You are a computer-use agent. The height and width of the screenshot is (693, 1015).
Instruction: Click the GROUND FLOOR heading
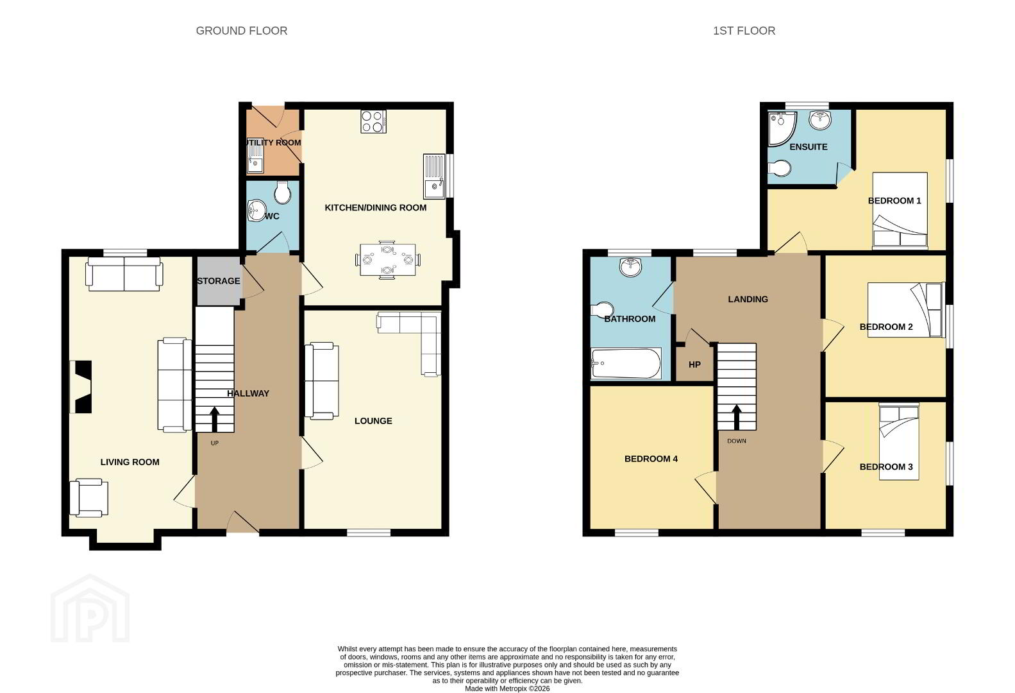[x=242, y=31]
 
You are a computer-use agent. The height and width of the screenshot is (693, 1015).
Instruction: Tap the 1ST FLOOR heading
[x=744, y=31]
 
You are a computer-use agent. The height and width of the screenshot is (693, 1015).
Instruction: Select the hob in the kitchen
[x=373, y=121]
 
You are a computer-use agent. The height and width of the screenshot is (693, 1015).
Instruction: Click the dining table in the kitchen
[x=387, y=260]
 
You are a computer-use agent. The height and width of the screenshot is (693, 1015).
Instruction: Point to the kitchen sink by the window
[x=435, y=176]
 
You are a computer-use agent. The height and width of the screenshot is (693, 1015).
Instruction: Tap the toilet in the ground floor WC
[x=283, y=193]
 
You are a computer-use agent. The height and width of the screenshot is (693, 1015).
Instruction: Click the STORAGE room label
[x=219, y=281]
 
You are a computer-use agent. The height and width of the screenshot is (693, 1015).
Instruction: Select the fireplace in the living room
[x=81, y=387]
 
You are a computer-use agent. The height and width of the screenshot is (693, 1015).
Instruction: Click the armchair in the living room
[x=89, y=498]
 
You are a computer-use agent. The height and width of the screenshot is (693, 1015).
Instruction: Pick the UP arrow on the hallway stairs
[x=214, y=419]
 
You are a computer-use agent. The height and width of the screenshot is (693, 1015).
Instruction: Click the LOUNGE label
[x=373, y=421]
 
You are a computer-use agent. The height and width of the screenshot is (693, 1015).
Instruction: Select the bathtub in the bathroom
[x=626, y=363]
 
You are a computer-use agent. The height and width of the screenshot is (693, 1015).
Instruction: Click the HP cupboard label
[x=694, y=364]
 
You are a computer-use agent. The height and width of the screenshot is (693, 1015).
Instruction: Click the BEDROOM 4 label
[x=651, y=459]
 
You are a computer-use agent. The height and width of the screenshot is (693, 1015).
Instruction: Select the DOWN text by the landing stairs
[x=737, y=441]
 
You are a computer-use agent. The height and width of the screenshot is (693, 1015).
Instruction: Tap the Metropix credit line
[x=508, y=689]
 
